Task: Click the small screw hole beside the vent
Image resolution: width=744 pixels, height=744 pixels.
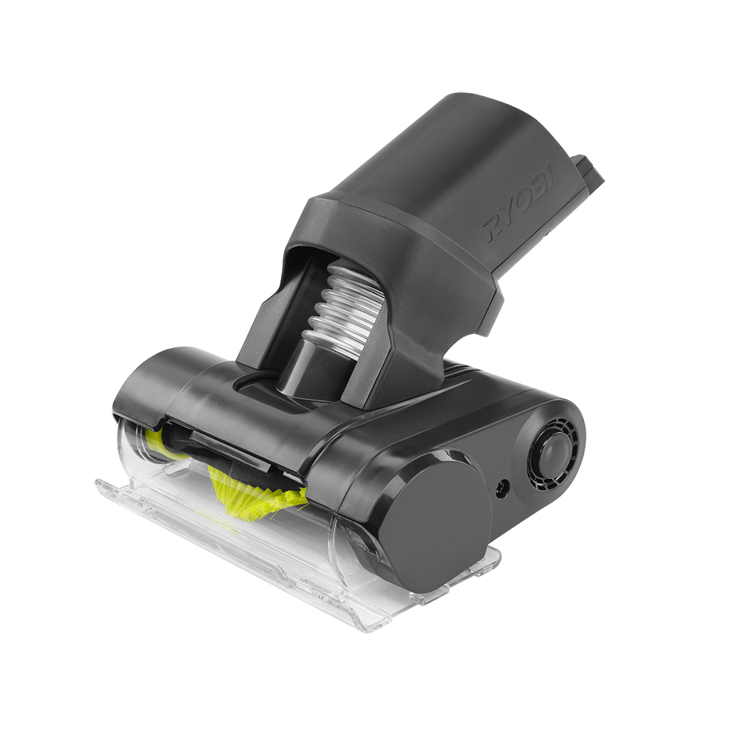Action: pyautogui.click(x=501, y=488)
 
